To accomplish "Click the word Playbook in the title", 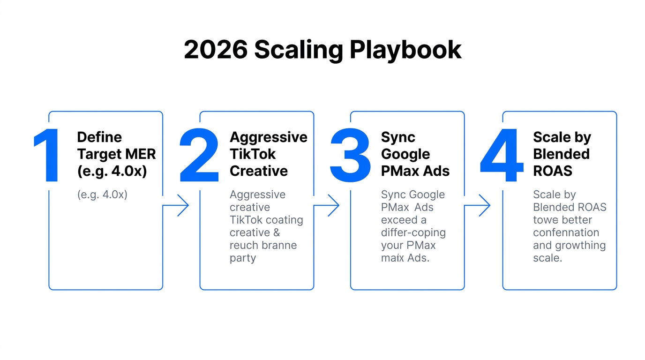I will [x=405, y=50].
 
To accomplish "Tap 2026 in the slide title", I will [x=216, y=50].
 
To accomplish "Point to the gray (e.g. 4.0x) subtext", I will [x=102, y=195].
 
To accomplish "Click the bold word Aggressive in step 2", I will [x=269, y=137].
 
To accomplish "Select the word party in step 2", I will [x=243, y=258].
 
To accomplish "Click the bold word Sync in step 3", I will [x=398, y=137].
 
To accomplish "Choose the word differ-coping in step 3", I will [x=413, y=233].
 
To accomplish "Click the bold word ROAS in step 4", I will [x=553, y=171].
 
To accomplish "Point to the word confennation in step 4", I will [x=566, y=233].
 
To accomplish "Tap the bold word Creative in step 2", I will [x=258, y=171].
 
